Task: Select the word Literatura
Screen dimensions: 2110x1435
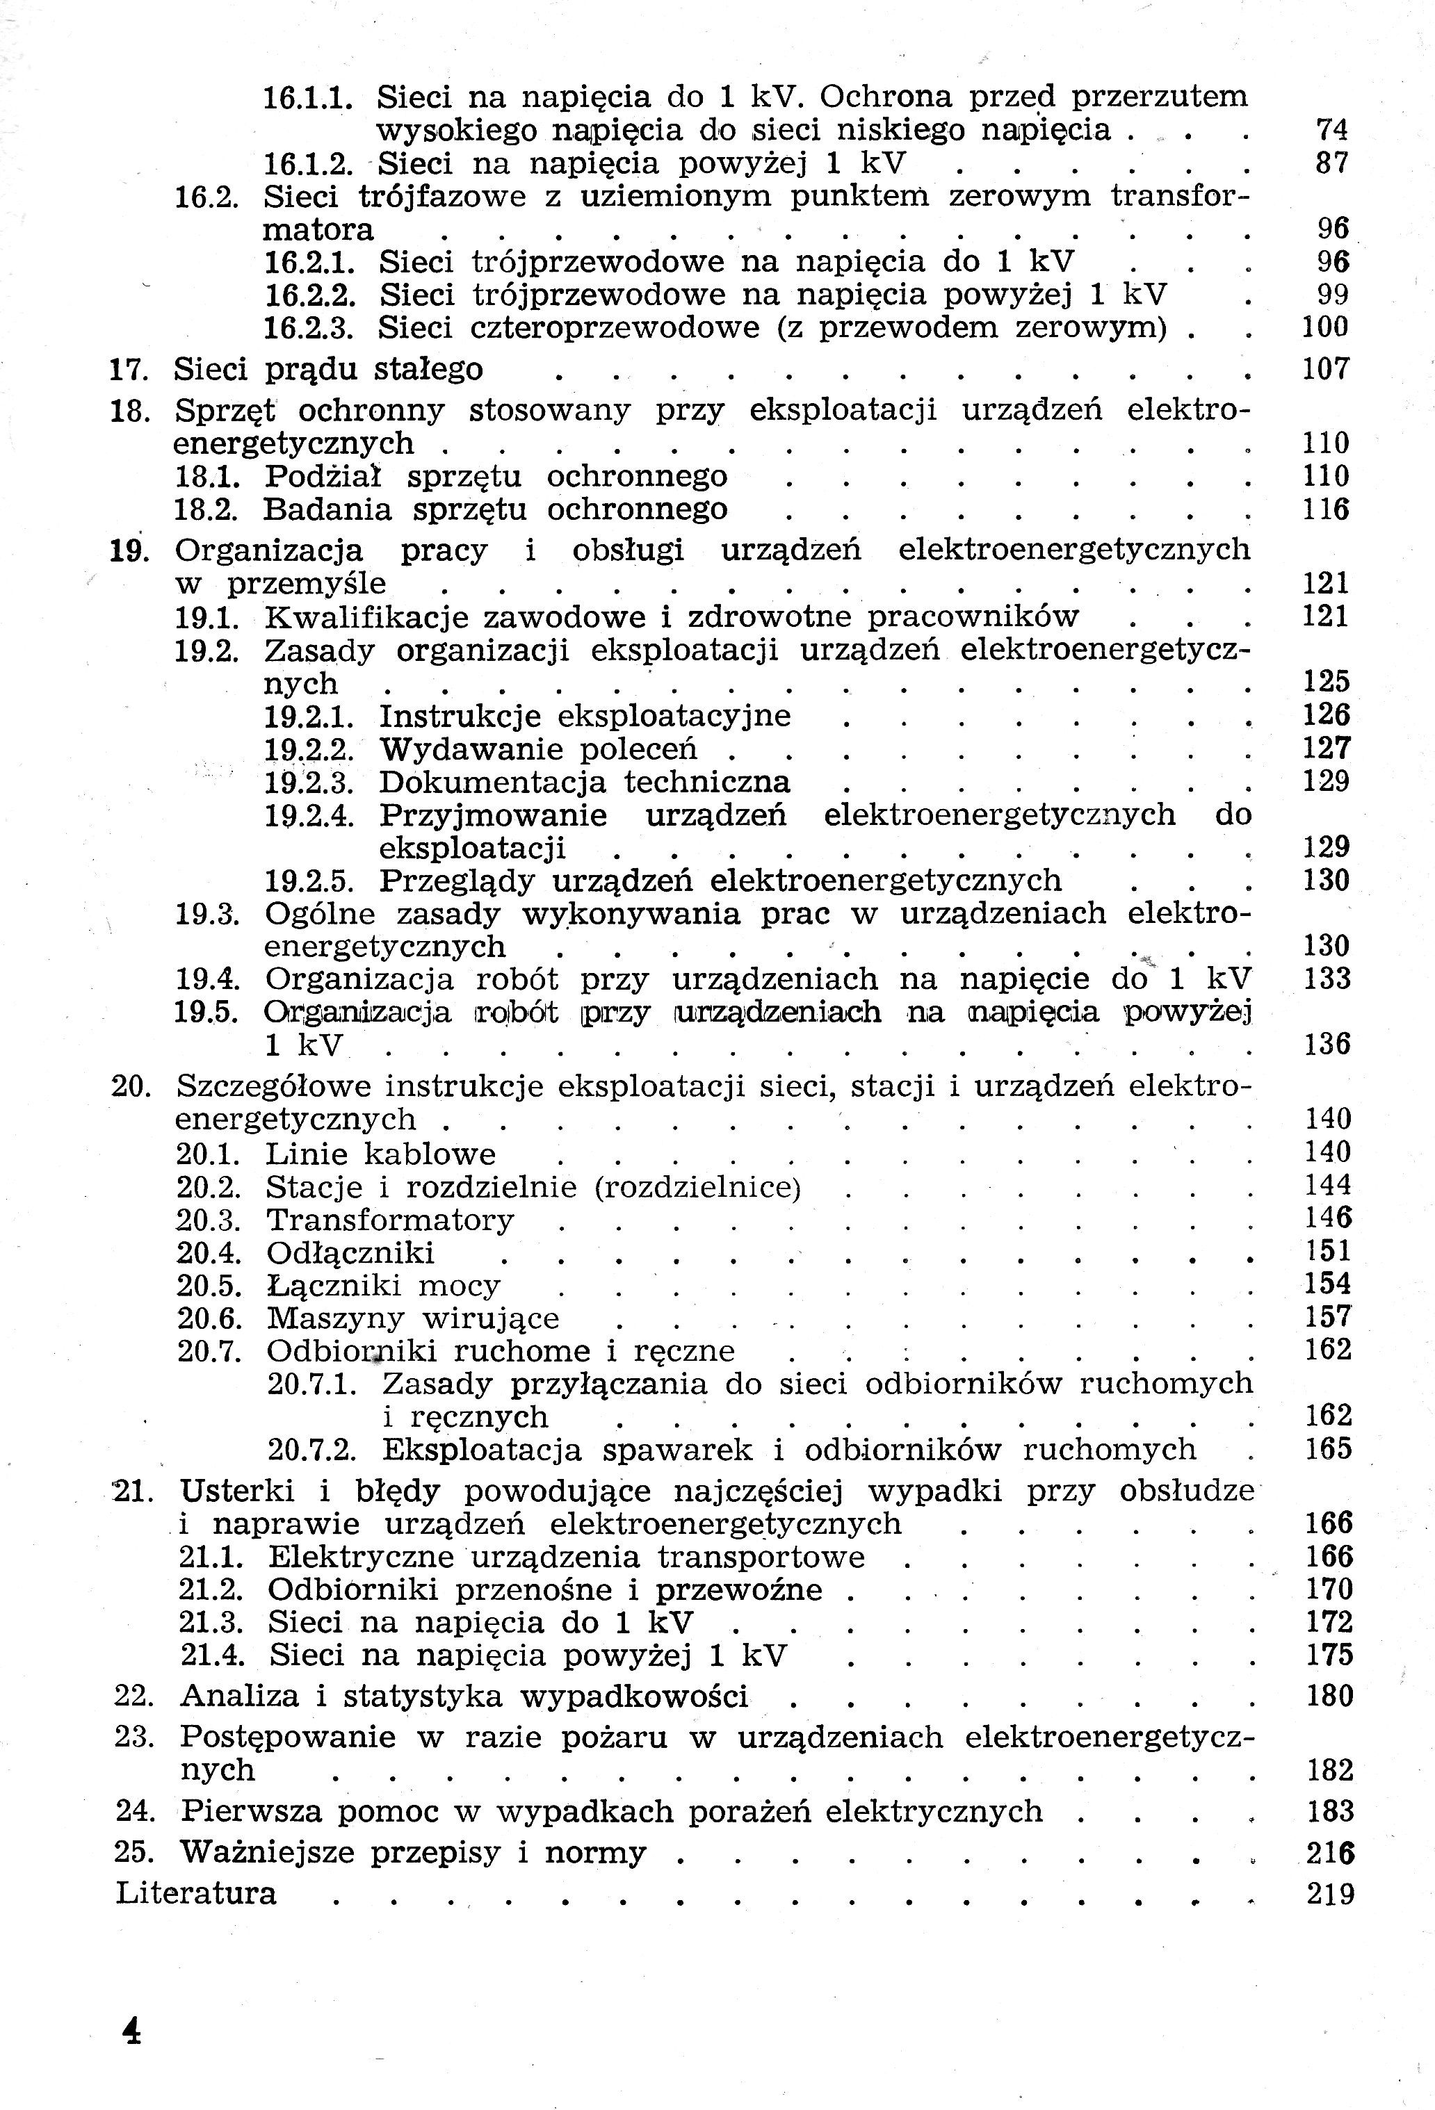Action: coord(196,1893)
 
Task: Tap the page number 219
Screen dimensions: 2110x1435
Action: coord(1329,1894)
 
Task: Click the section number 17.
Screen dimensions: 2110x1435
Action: coord(128,370)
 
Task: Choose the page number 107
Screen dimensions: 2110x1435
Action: coord(1325,370)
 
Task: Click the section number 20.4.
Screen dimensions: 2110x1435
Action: coord(209,1253)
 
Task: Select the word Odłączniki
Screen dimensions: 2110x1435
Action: coord(350,1253)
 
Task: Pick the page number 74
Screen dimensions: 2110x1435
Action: coord(1331,131)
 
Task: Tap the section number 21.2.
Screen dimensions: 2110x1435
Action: coord(211,1589)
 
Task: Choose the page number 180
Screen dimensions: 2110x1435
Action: coord(1329,1696)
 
